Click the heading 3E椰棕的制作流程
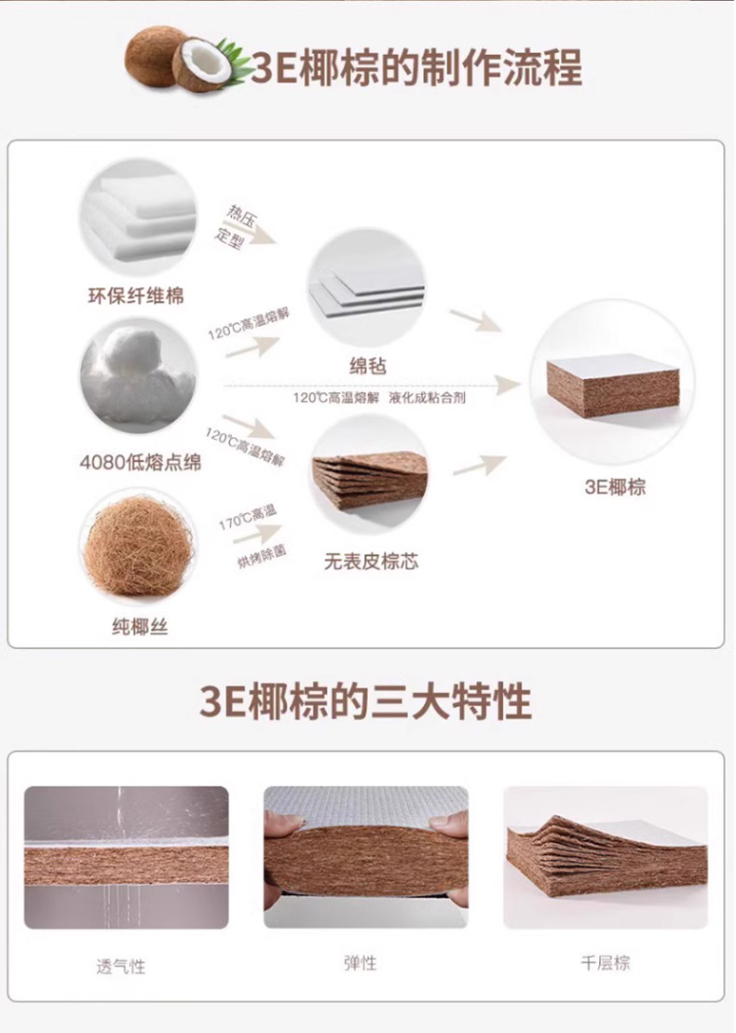(x=416, y=67)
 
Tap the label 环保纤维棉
(x=136, y=295)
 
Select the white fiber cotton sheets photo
(x=139, y=216)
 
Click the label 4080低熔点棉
(x=141, y=463)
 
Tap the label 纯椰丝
(x=140, y=627)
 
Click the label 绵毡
(x=368, y=366)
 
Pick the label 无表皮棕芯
(x=371, y=562)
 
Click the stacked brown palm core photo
(x=369, y=473)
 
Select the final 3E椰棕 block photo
(x=613, y=382)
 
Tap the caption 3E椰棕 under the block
(x=615, y=487)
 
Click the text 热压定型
(x=235, y=226)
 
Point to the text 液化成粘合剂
(x=427, y=397)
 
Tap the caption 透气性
(x=120, y=967)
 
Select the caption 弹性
(x=361, y=963)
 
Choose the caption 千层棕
(x=606, y=962)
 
